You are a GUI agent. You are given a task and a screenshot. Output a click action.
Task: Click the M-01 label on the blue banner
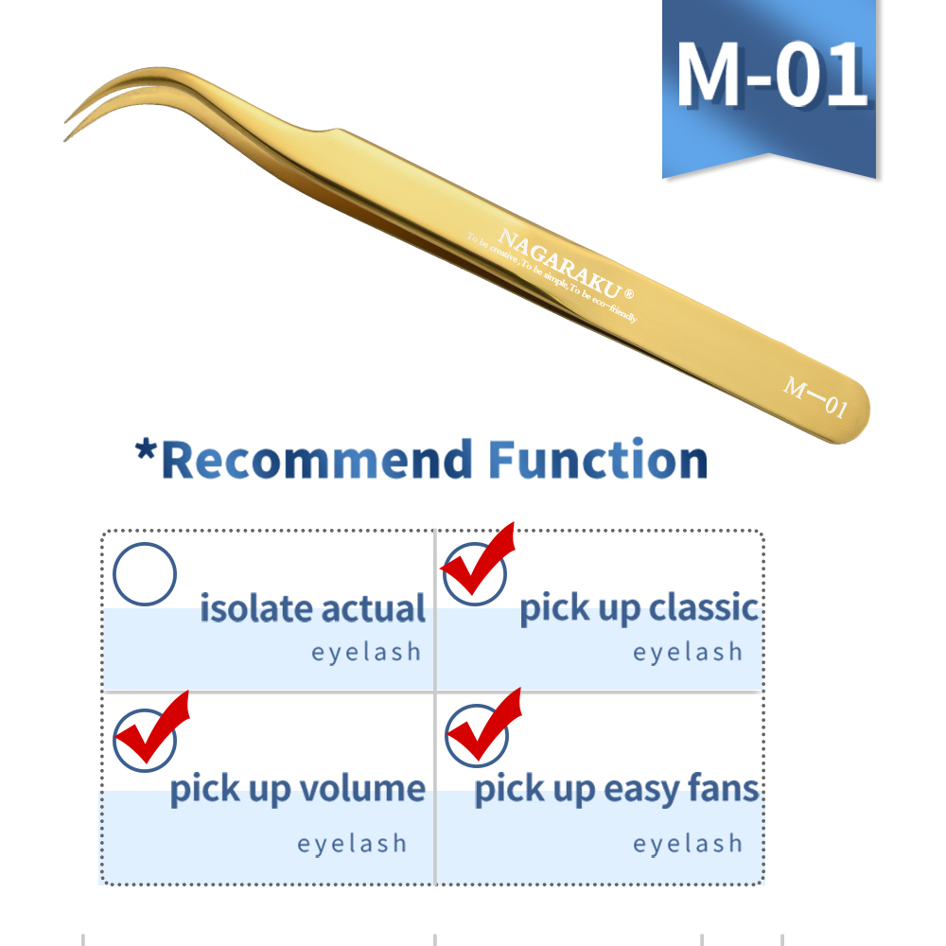tap(771, 74)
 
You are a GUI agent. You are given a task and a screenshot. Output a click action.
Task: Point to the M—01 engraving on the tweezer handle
tap(815, 397)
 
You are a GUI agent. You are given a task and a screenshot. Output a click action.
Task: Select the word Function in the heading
tap(598, 461)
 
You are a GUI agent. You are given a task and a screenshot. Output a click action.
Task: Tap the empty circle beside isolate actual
tap(145, 574)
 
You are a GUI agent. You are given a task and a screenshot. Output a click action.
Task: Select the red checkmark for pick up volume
tap(151, 729)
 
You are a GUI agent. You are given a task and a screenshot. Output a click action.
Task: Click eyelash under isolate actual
tap(366, 652)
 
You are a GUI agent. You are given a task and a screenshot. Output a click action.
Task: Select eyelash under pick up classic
tap(688, 652)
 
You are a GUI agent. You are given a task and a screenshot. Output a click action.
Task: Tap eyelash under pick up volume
tap(352, 843)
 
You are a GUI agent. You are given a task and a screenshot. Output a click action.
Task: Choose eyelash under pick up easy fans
tap(688, 843)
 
